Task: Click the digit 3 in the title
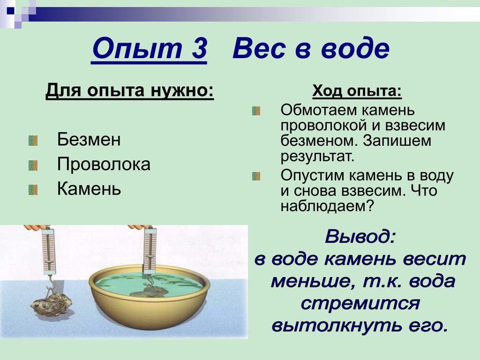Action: click(x=199, y=48)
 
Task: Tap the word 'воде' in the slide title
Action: click(x=355, y=48)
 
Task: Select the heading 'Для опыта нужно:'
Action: click(x=129, y=90)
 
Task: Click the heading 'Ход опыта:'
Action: click(x=357, y=91)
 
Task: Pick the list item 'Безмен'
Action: click(x=89, y=139)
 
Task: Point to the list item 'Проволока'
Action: click(x=104, y=164)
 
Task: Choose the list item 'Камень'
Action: click(x=89, y=188)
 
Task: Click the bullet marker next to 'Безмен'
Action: click(x=33, y=141)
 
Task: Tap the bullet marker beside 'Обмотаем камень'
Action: click(x=256, y=111)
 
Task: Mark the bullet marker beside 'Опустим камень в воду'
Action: click(x=256, y=176)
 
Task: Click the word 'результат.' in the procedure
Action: click(x=317, y=157)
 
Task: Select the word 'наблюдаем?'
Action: click(x=328, y=206)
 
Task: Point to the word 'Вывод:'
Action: click(x=360, y=237)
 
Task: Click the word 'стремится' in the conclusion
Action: click(x=360, y=303)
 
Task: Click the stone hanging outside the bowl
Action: click(x=52, y=304)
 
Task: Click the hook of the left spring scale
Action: click(x=50, y=283)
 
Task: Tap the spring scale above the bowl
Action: click(x=150, y=250)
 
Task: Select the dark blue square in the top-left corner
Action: click(x=11, y=11)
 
